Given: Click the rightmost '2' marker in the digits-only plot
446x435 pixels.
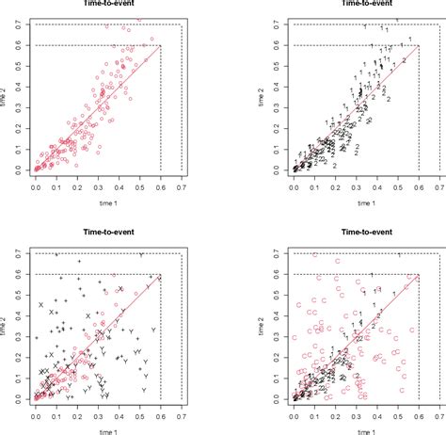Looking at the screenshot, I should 405,60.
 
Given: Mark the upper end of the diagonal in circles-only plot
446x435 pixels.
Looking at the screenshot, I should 161,45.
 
